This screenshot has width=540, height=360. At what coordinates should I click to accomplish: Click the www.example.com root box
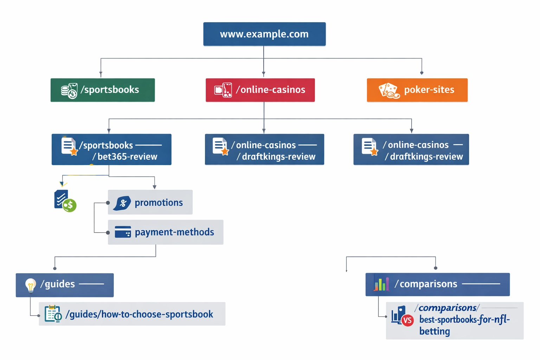click(x=264, y=34)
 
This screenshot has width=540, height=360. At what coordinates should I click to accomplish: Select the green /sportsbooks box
click(x=103, y=90)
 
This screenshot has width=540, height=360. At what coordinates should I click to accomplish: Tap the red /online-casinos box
click(x=260, y=90)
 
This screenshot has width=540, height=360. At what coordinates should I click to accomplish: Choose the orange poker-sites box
click(x=417, y=90)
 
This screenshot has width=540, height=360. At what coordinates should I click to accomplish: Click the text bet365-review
click(x=127, y=156)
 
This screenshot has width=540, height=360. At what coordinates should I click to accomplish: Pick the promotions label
click(x=159, y=202)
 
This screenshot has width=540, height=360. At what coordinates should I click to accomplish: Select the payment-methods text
click(x=174, y=232)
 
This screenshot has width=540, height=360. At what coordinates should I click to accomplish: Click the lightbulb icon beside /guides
click(x=31, y=285)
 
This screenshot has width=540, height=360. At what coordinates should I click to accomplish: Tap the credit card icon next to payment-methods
click(x=123, y=232)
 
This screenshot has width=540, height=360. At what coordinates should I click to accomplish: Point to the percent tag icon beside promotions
click(x=122, y=203)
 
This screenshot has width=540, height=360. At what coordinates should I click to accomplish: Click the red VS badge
click(x=407, y=320)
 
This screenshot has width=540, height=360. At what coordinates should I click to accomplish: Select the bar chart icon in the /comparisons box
click(x=381, y=284)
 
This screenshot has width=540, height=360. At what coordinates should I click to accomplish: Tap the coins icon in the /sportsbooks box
click(x=69, y=91)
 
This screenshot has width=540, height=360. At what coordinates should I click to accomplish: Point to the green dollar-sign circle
click(x=70, y=205)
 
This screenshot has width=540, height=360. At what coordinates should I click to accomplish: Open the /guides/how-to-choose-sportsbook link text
click(x=139, y=314)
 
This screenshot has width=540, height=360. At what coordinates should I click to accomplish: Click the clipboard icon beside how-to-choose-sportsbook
click(x=53, y=314)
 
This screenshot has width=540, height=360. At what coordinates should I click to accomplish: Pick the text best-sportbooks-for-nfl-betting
click(x=464, y=325)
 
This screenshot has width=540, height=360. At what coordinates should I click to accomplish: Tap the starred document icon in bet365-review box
click(x=69, y=146)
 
